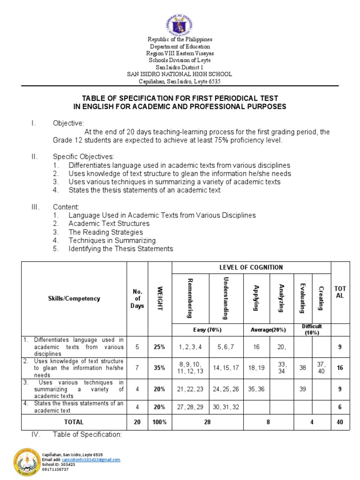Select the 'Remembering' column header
tap(190, 298)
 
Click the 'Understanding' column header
tap(225, 298)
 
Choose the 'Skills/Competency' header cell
tap(74, 299)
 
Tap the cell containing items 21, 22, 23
tap(190, 389)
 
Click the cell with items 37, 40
tap(321, 368)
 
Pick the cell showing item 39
tap(303, 389)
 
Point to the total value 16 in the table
tap(340, 368)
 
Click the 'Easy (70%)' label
tap(208, 330)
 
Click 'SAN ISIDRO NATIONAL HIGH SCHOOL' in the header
tap(180, 74)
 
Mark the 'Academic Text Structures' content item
tap(109, 224)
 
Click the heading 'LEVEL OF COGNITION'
tap(251, 267)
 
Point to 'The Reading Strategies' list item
tap(105, 232)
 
